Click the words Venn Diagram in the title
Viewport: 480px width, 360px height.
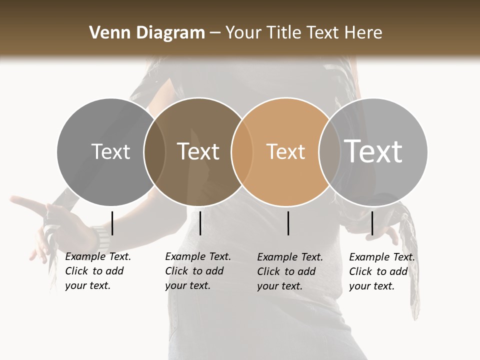coord(146,32)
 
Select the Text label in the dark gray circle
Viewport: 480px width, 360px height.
coord(110,151)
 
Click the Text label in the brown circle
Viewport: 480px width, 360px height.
coord(198,151)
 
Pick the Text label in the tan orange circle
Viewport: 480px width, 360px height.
coord(285,151)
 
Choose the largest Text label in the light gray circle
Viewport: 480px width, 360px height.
coord(373,151)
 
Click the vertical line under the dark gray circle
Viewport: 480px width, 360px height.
coord(112,223)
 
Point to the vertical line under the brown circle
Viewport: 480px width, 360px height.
coord(200,223)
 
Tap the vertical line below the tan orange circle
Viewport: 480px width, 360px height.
coord(288,223)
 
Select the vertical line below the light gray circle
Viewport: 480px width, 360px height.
coord(372,223)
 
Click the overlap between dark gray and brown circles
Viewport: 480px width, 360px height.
coord(154,151)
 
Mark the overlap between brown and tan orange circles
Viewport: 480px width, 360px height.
coord(241,151)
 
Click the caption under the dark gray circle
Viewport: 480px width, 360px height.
coord(97,271)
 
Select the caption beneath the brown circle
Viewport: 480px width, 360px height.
coord(197,271)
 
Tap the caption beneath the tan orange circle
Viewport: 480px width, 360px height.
coord(289,271)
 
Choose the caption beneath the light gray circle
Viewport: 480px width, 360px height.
coord(381,271)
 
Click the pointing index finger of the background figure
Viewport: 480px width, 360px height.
coord(22,201)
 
